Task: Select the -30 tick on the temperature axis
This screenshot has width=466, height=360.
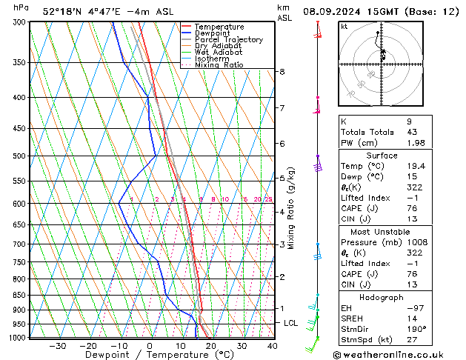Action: coord(57,346)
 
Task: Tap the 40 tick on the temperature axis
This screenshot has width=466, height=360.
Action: coord(273,346)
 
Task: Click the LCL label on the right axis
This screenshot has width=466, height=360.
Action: coord(291,324)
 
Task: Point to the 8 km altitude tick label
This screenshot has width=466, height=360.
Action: coord(282,71)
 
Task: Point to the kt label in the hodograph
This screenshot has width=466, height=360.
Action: coord(344,27)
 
